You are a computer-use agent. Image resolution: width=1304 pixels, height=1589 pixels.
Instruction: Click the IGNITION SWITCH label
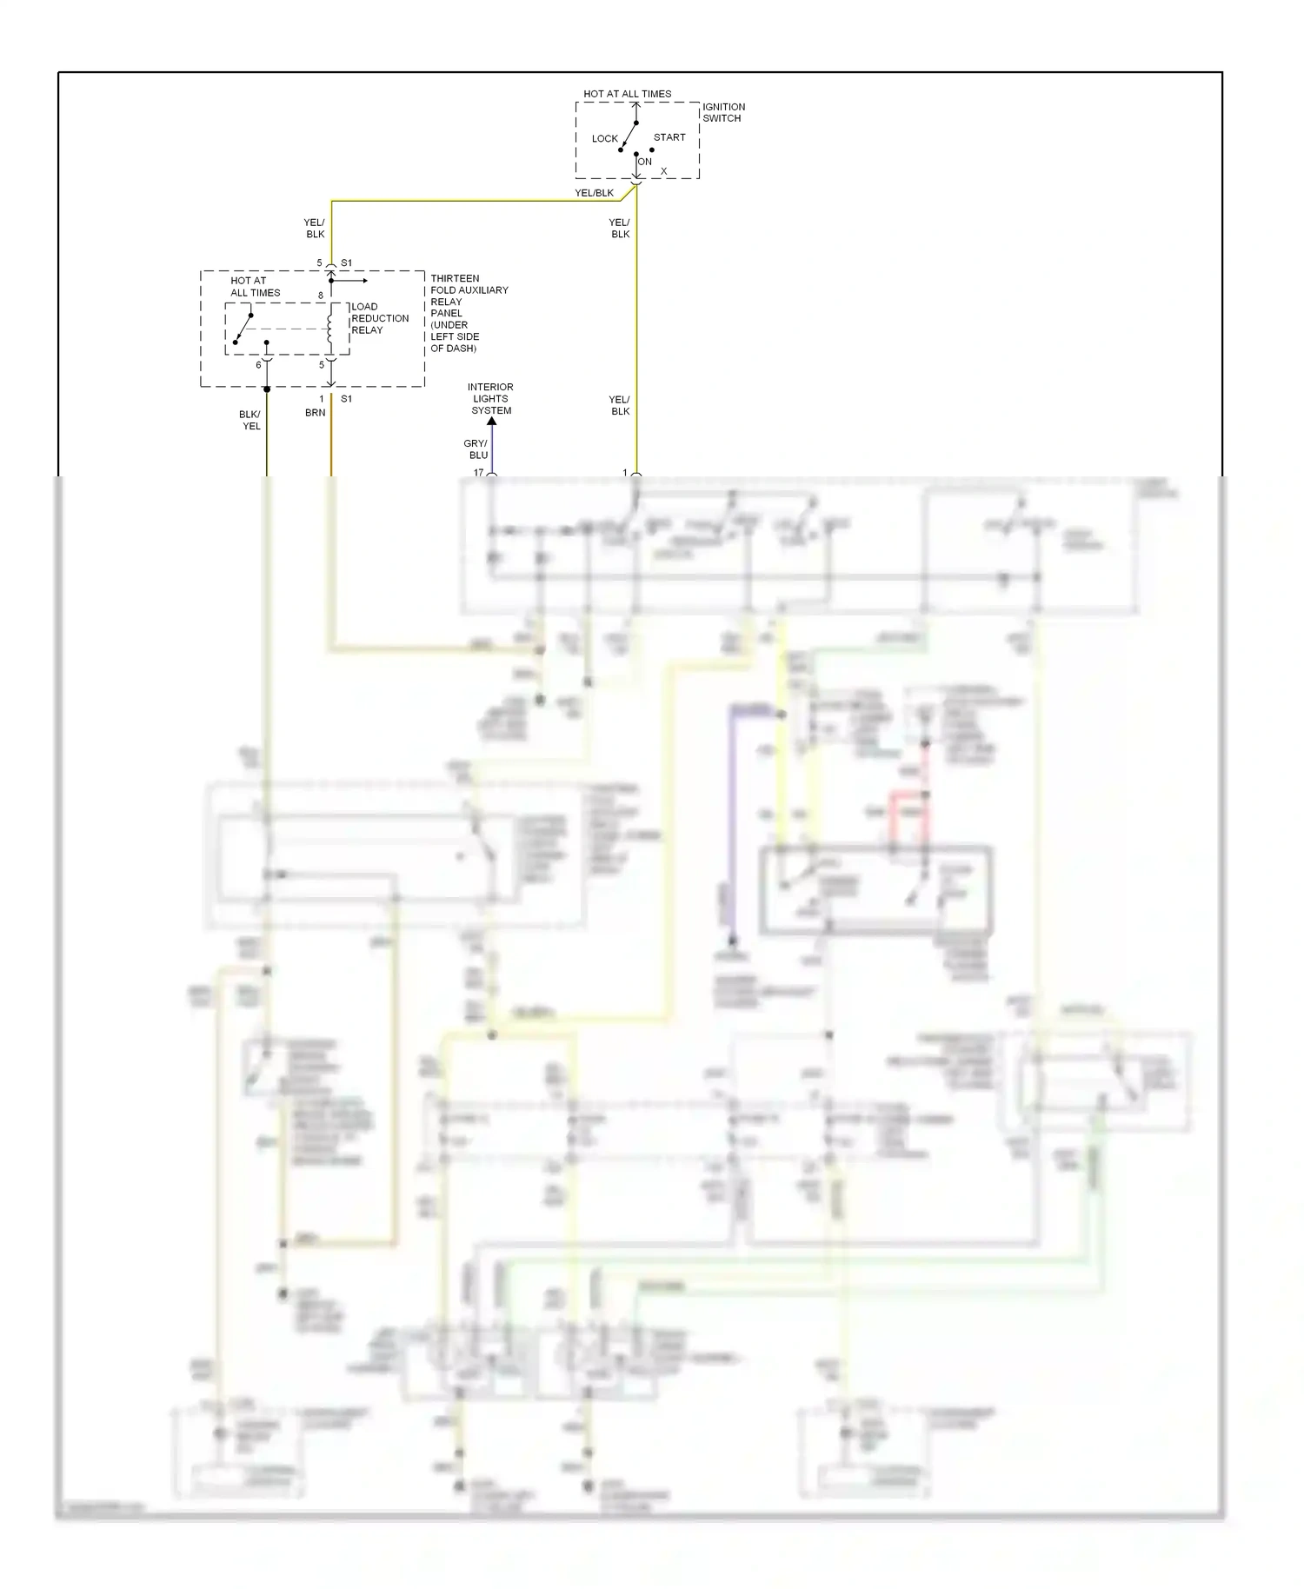click(723, 112)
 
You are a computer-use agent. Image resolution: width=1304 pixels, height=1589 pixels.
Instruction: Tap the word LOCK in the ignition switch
click(604, 138)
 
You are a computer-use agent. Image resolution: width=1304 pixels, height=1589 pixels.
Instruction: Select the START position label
click(669, 137)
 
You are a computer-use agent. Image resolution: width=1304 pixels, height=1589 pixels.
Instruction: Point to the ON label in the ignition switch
click(645, 162)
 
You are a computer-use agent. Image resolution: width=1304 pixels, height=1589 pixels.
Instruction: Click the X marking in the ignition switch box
click(663, 171)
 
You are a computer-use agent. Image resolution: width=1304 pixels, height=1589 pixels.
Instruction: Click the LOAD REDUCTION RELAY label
click(379, 318)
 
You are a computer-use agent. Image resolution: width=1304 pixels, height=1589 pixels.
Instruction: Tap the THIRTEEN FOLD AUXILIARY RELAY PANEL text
click(469, 313)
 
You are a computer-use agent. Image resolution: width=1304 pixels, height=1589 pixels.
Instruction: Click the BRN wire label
click(315, 413)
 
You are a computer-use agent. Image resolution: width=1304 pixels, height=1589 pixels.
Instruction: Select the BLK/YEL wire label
click(250, 420)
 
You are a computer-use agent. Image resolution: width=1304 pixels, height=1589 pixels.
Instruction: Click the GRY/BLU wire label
click(478, 449)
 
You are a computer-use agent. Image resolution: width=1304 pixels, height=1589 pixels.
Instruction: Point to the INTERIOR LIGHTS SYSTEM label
click(491, 398)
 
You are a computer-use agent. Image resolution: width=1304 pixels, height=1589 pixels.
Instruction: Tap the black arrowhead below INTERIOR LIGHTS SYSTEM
click(491, 422)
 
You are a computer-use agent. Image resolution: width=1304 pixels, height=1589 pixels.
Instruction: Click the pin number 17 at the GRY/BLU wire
click(478, 472)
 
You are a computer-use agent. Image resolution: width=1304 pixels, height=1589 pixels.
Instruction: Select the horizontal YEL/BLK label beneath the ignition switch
click(594, 193)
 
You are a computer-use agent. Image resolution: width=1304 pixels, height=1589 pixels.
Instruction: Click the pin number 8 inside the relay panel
click(320, 296)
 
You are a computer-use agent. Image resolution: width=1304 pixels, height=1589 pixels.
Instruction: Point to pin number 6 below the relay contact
click(258, 365)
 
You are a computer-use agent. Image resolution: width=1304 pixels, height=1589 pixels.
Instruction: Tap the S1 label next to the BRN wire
click(346, 399)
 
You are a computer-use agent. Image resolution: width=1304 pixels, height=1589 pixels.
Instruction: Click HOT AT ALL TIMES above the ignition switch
click(627, 94)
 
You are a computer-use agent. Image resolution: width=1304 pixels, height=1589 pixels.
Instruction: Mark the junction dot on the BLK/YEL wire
click(267, 389)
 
